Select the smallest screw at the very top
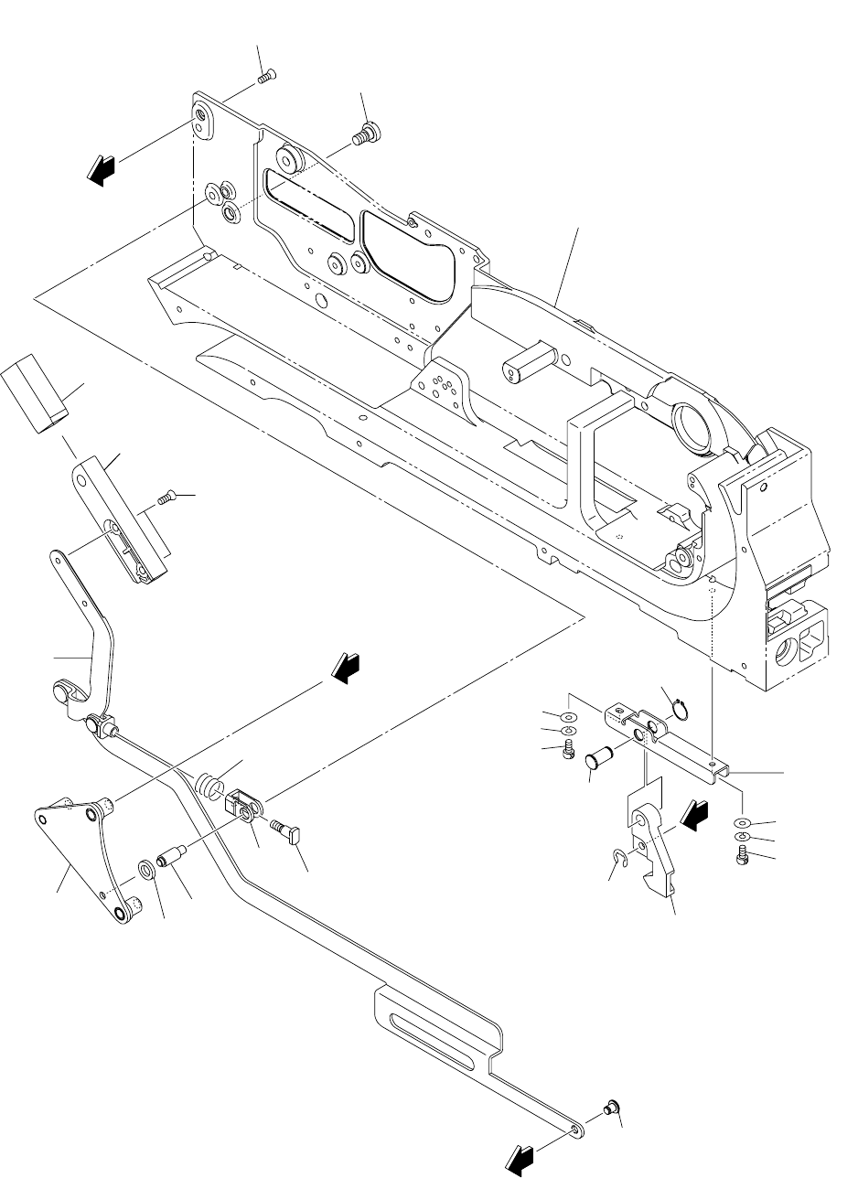tap(266, 78)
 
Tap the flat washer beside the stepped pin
tap(146, 867)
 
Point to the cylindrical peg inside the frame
tap(524, 363)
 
